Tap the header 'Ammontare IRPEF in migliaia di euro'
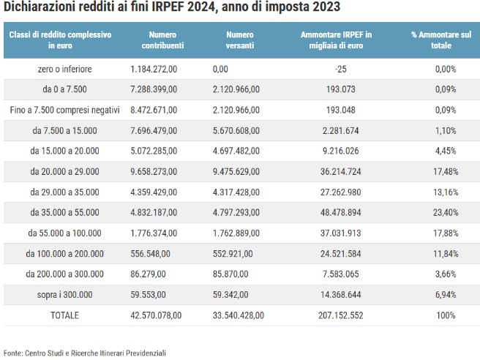(337, 40)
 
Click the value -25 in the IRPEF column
(337, 70)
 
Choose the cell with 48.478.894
(337, 213)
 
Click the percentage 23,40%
(443, 213)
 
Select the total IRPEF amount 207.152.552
(337, 315)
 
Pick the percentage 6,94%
(444, 295)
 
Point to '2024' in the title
(196, 8)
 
